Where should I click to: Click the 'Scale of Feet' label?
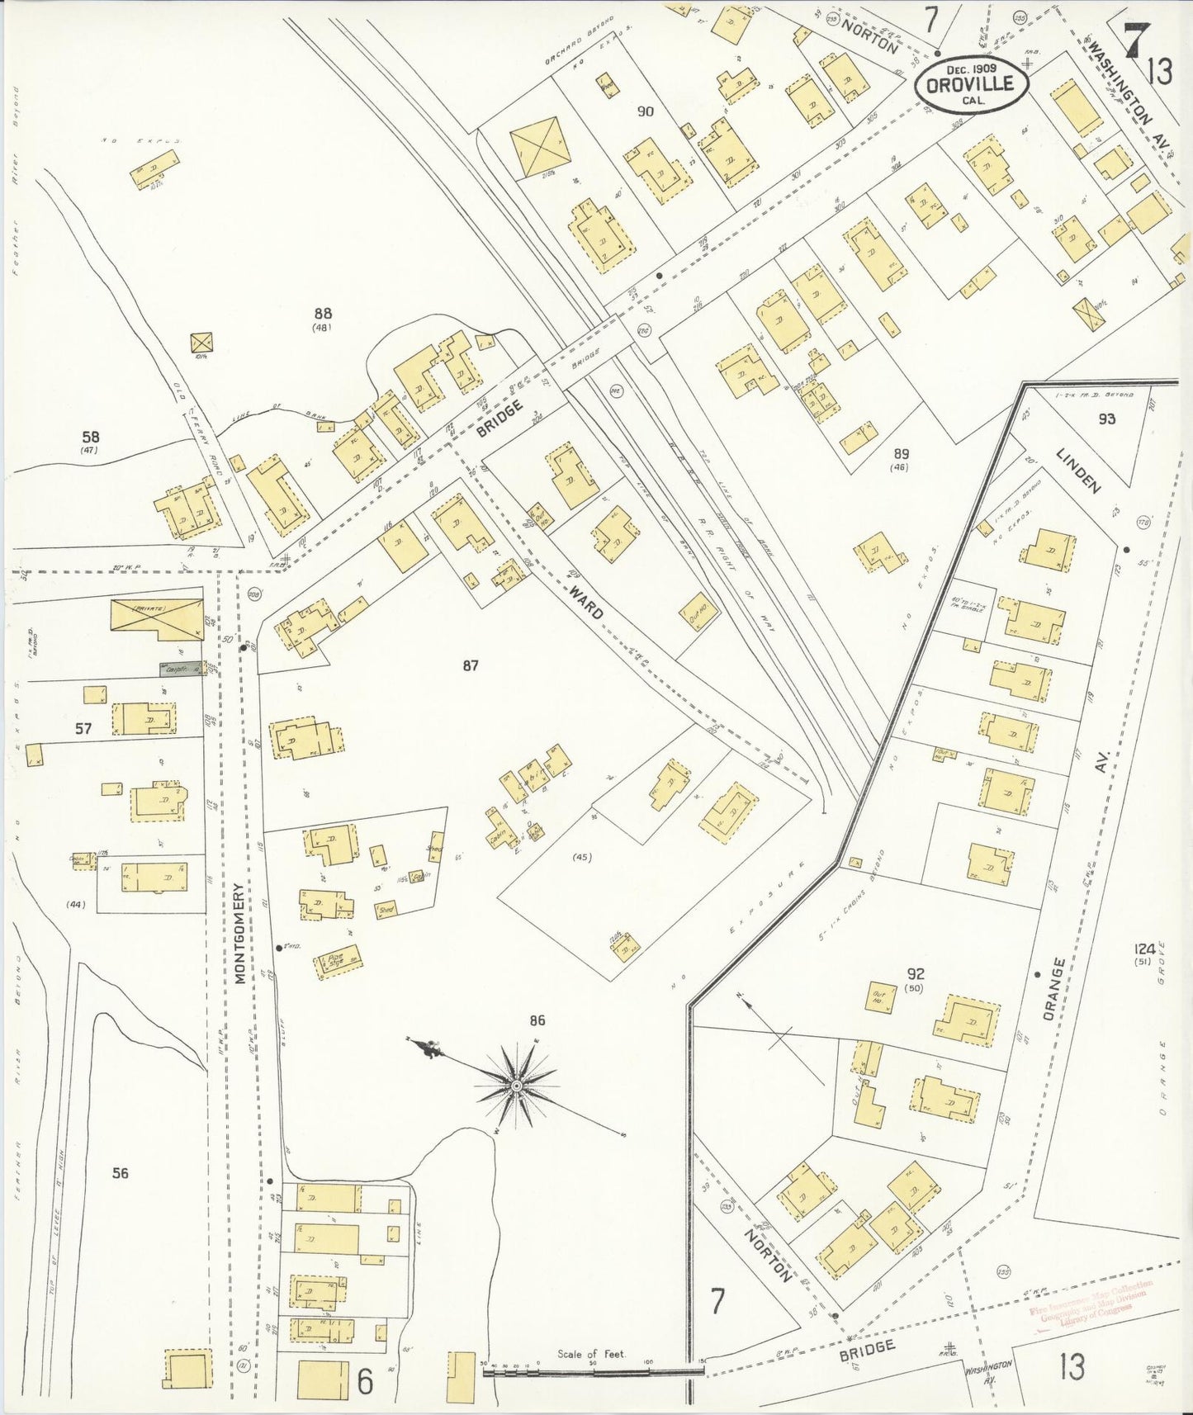point(591,1354)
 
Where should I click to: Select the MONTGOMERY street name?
point(240,934)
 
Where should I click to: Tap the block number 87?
point(471,665)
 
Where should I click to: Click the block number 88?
point(323,314)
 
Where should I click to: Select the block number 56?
point(121,1172)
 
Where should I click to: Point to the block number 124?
point(1144,949)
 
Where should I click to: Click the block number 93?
point(1106,419)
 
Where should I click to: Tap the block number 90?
point(646,111)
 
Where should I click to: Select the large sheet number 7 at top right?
point(1137,39)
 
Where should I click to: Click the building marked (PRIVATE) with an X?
point(157,618)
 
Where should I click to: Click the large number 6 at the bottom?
point(365,1382)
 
